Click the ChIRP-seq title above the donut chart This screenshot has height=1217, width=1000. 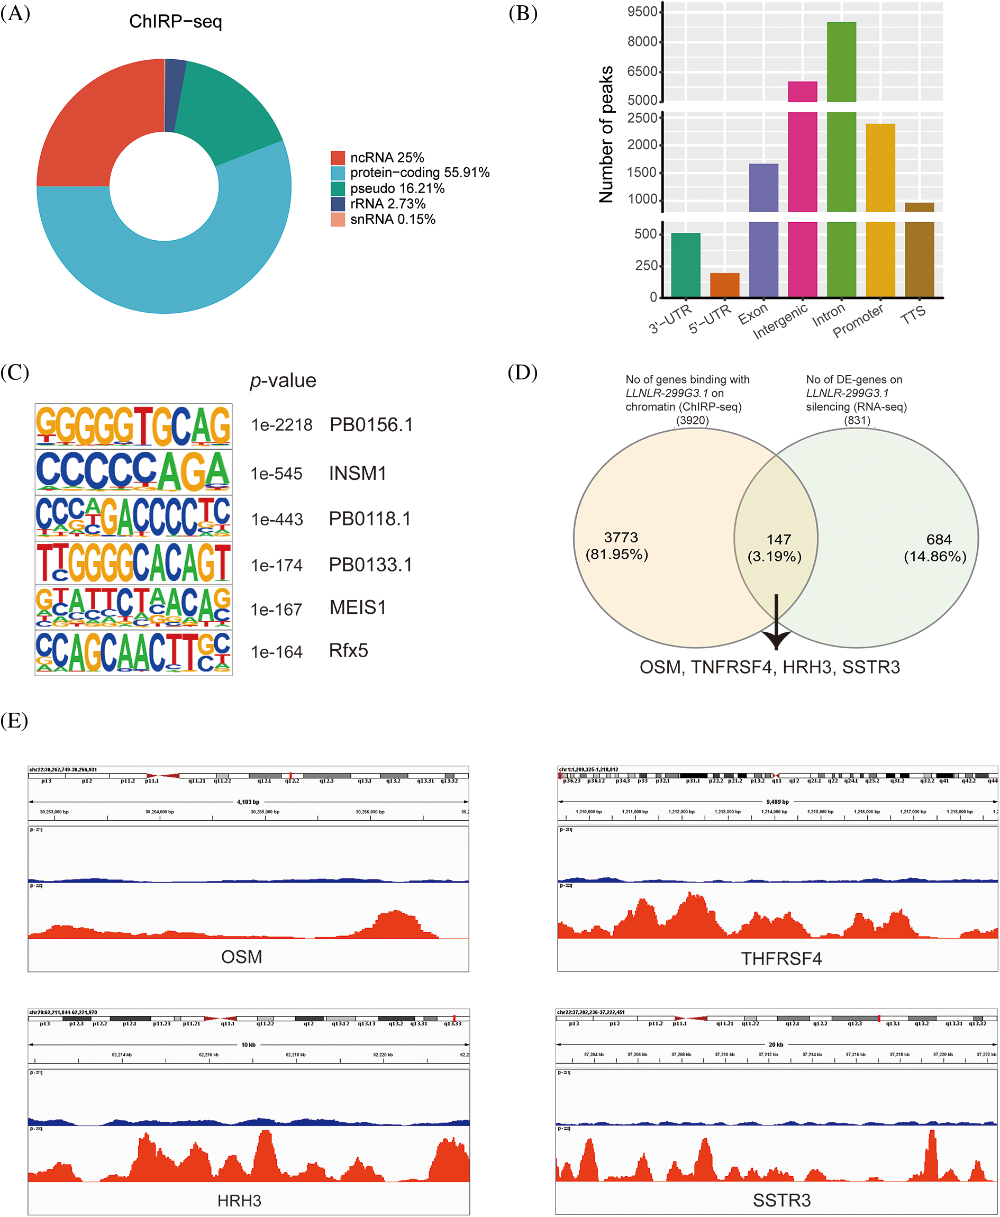pos(175,22)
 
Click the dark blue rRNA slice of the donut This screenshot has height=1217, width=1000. pos(175,95)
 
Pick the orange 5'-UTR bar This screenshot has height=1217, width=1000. pos(724,285)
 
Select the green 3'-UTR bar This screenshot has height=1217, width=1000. pos(686,265)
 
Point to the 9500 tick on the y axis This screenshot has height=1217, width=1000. pos(642,12)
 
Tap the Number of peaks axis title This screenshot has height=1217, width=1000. pos(606,134)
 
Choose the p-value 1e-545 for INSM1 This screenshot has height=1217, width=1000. pos(277,474)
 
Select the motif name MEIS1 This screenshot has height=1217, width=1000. pos(358,607)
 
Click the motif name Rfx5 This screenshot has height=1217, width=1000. pos(349,651)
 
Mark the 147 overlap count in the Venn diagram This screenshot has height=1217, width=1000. pos(778,540)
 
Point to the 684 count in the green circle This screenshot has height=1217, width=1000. pos(939,540)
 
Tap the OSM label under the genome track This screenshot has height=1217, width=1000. pos(241,957)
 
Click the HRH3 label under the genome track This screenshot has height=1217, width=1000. pos(239,1201)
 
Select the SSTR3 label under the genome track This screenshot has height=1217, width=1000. pos(781,1201)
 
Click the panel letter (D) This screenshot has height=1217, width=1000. pos(522,373)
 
